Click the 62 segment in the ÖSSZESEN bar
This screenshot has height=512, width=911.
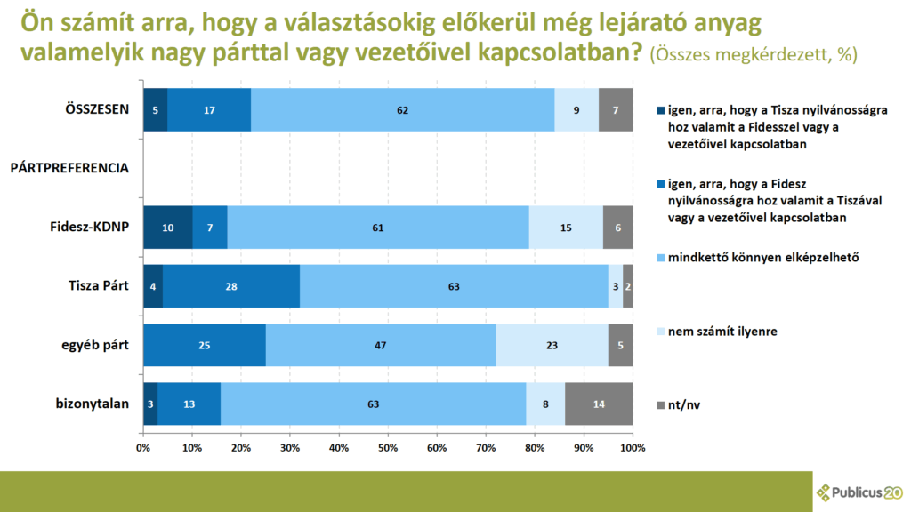[402, 109]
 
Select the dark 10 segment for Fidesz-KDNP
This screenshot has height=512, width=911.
[167, 228]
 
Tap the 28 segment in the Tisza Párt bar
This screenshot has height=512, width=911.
[231, 286]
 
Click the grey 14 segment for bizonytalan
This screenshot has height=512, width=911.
[599, 404]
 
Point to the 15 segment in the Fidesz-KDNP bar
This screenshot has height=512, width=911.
[566, 228]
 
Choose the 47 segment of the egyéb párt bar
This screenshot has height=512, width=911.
[381, 345]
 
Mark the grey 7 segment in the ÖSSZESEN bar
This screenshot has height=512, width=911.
[616, 109]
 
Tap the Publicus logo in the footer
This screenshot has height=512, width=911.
[859, 492]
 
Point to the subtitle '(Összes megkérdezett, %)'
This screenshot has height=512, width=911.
[754, 54]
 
